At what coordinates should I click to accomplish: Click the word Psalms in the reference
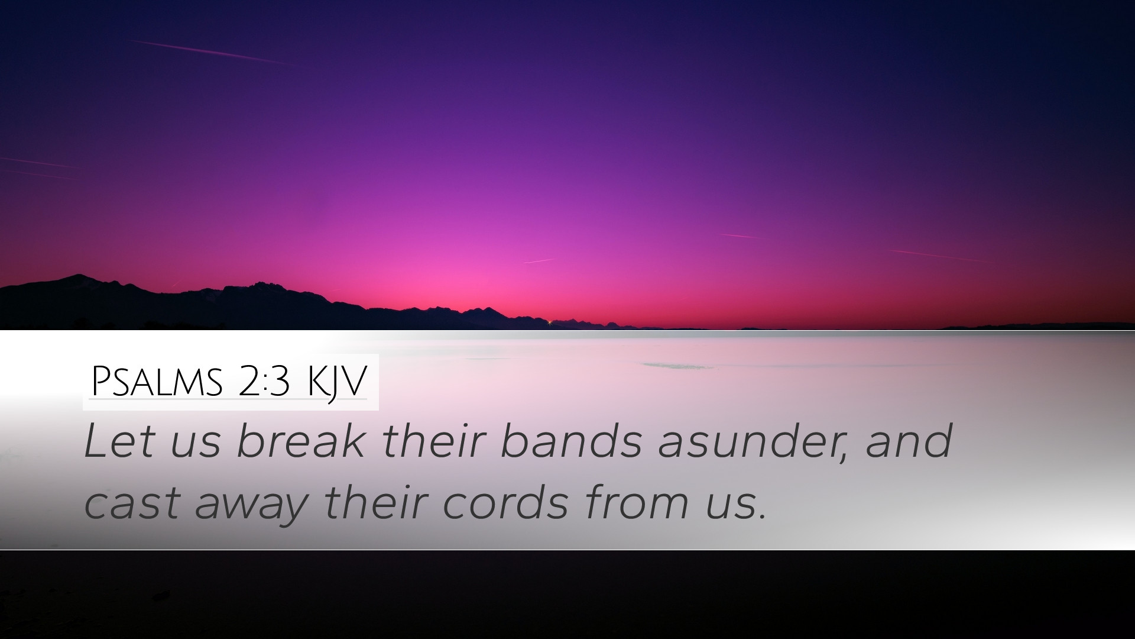157,382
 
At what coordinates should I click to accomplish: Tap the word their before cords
377,502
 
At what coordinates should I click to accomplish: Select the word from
638,502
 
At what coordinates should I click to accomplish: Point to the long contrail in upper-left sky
211,52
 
